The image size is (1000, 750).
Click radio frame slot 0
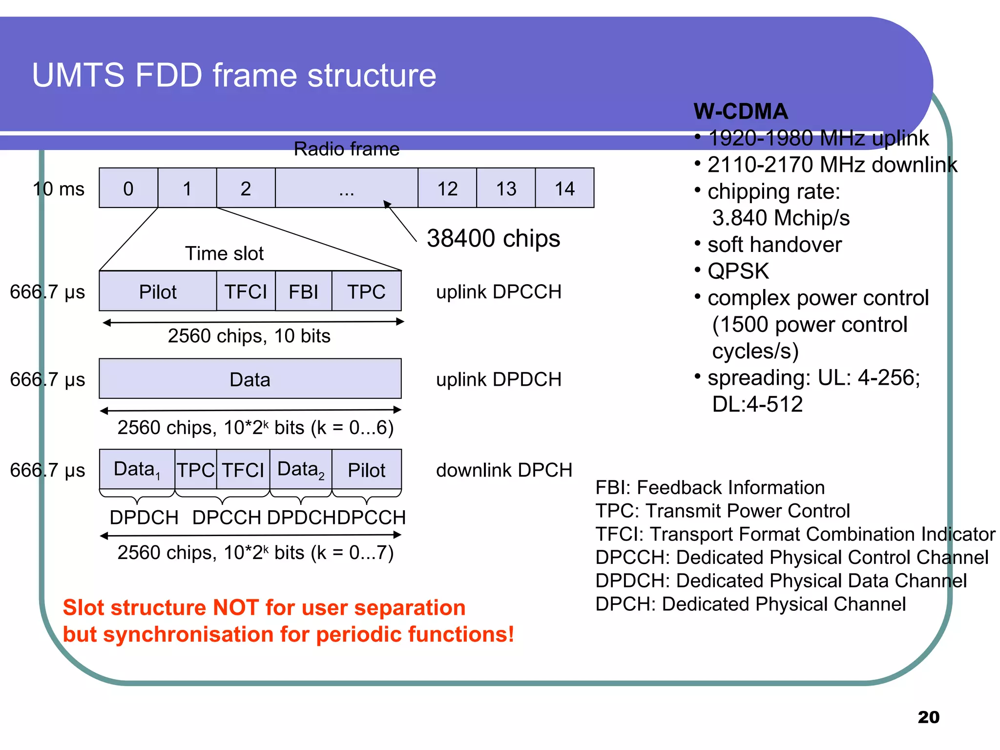point(128,188)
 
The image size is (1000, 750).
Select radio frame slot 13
point(506,188)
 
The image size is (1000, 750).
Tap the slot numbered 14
point(564,188)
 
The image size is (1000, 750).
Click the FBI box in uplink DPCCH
point(303,292)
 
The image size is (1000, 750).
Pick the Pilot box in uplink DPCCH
point(158,292)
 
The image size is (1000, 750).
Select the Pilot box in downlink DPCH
point(366,470)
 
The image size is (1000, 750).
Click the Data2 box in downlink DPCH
point(300,470)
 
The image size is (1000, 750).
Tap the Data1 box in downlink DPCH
point(137,470)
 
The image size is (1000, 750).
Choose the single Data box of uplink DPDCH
point(250,379)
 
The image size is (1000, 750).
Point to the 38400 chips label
point(493,238)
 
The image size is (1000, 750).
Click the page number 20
point(928,717)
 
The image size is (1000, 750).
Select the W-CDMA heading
point(740,111)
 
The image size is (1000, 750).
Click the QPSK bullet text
point(738,271)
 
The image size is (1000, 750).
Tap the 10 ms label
point(59,188)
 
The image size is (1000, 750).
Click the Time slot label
point(224,253)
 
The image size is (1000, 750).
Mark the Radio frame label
point(346,149)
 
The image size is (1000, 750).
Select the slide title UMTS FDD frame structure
point(234,75)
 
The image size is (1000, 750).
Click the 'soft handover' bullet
point(774,245)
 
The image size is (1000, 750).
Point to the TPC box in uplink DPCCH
point(366,292)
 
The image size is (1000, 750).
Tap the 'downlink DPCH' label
point(504,470)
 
